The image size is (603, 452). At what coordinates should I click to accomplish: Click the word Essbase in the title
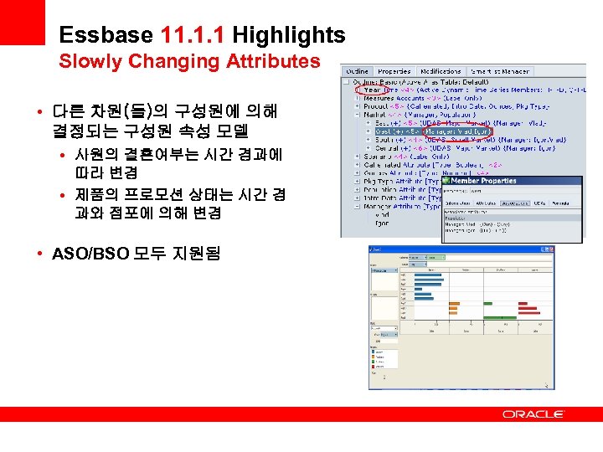point(106,35)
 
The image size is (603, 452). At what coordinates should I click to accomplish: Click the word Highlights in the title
point(288,35)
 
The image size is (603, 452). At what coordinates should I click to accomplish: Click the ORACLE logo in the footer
point(533,413)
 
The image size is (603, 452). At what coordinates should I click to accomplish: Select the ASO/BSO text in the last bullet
point(87,253)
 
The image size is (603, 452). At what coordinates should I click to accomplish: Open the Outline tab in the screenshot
point(358,71)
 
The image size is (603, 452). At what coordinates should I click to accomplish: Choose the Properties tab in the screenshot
point(393,71)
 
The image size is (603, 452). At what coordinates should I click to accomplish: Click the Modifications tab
point(441,71)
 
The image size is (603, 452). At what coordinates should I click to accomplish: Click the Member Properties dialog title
point(487,180)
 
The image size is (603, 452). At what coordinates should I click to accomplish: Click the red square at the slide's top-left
point(22,22)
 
